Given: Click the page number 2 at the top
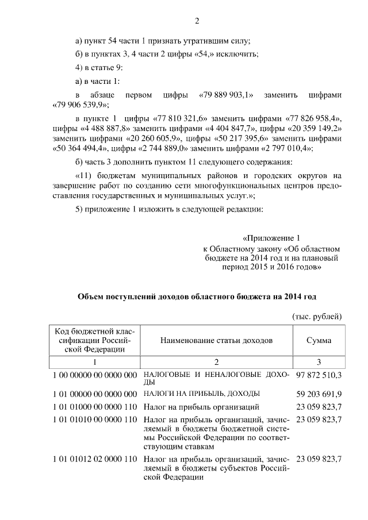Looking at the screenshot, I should pyautogui.click(x=197, y=22).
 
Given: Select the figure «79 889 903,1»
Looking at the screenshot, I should pyautogui.click(x=228, y=94).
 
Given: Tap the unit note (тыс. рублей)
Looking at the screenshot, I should pyautogui.click(x=317, y=317).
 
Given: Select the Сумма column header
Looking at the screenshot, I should pyautogui.click(x=319, y=340).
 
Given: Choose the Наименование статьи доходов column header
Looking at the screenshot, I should pyautogui.click(x=216, y=340).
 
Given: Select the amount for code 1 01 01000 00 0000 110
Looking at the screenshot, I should pyautogui.click(x=319, y=407).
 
